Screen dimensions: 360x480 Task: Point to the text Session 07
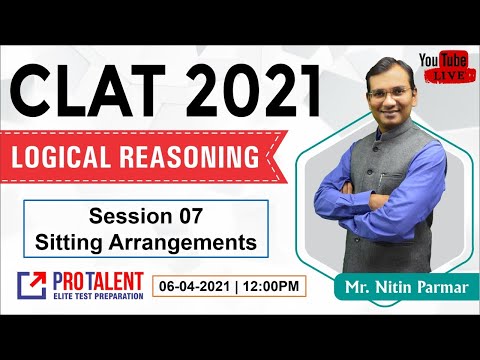[147, 219]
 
